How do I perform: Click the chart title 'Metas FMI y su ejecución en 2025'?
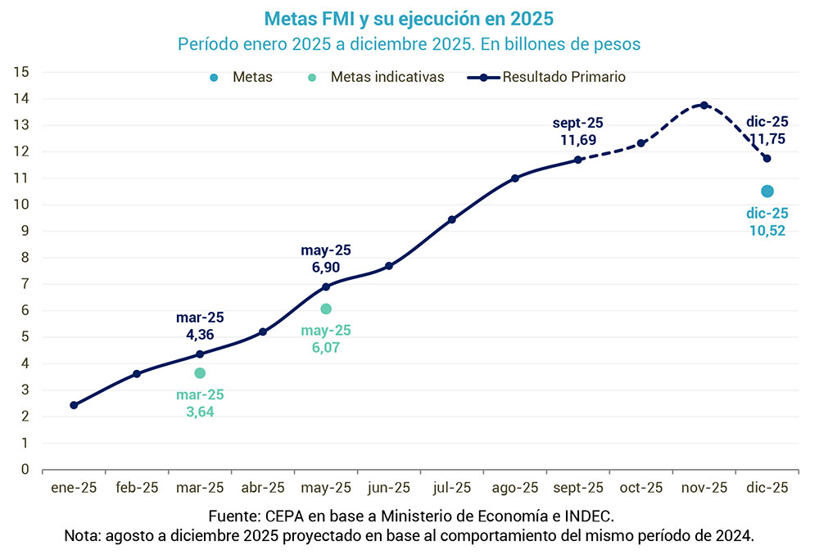409,17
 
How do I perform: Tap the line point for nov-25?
704,105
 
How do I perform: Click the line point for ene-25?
74,405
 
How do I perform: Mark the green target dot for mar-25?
200,373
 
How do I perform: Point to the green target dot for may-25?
326,309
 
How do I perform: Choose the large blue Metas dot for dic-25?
767,191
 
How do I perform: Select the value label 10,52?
767,231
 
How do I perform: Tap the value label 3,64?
200,412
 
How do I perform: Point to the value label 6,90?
326,267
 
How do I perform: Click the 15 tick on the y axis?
22,72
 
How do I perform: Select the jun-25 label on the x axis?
389,488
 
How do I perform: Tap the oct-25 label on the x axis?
641,488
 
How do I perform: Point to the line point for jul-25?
452,219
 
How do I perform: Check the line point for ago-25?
515,178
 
